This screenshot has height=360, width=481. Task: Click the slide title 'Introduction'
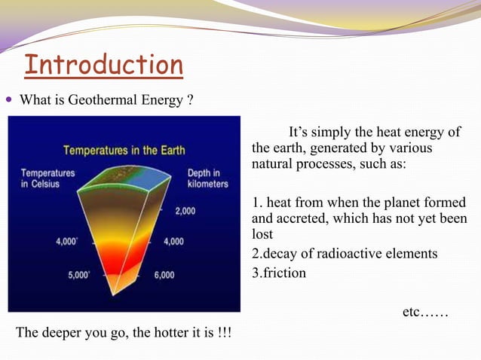(x=103, y=65)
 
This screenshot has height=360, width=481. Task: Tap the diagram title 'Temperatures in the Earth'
(x=124, y=149)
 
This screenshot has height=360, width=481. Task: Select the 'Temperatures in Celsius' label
(x=47, y=178)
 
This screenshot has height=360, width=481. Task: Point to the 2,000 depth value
(x=186, y=212)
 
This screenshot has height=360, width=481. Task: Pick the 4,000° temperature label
(x=69, y=242)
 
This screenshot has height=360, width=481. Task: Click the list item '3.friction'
(x=279, y=273)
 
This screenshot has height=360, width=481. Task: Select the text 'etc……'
(x=425, y=310)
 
